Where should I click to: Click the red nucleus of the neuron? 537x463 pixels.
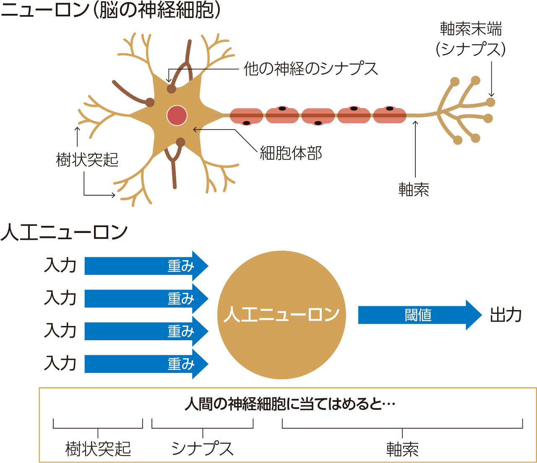[177, 115]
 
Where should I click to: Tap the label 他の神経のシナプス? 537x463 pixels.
[311, 69]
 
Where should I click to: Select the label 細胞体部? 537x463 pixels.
[291, 153]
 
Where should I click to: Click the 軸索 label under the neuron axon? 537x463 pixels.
[414, 190]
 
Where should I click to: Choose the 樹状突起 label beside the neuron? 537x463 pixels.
[87, 160]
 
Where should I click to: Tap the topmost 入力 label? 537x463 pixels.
[60, 266]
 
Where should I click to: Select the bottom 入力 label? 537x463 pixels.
[60, 363]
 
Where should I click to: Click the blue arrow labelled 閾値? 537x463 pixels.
[419, 315]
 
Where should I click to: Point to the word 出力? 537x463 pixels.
[506, 315]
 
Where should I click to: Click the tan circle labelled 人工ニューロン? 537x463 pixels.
[282, 315]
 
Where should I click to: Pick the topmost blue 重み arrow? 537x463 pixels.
[146, 266]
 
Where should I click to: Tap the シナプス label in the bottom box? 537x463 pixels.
[202, 449]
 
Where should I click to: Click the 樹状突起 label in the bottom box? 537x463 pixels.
[98, 449]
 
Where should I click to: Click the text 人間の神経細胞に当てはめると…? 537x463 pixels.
[290, 404]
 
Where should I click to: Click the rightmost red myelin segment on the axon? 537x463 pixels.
[390, 115]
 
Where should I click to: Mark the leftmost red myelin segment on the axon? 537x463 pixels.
[247, 116]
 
